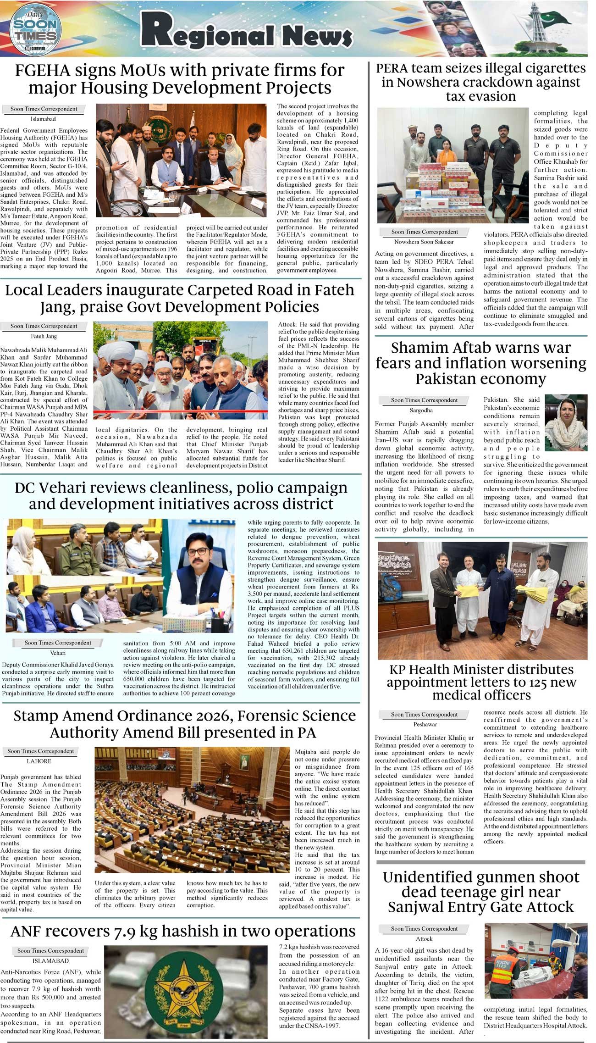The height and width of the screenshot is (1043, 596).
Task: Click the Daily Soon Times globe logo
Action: pos(35,28)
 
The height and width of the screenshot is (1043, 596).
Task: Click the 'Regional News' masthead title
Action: pos(246,35)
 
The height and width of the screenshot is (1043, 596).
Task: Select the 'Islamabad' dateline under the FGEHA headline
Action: pos(44,119)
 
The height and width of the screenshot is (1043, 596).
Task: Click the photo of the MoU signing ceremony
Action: pos(181,161)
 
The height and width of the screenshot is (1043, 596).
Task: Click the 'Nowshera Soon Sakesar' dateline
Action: pos(424,242)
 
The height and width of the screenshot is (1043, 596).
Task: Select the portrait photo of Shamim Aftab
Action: pos(566,423)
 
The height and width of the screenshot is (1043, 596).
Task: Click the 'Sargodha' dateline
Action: pos(421,410)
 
